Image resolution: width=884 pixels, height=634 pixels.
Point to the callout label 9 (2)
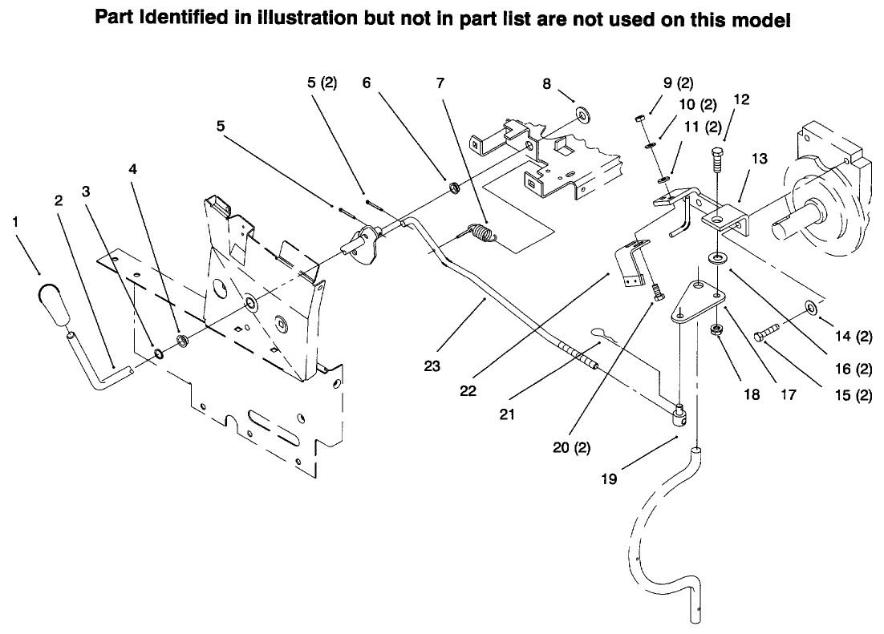point(678,83)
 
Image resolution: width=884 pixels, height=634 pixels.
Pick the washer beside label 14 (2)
point(809,306)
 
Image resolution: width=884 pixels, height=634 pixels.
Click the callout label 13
point(758,160)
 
